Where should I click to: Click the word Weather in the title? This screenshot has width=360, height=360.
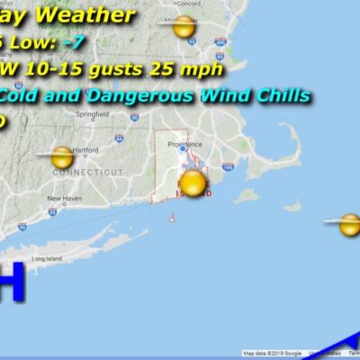(x=98, y=15)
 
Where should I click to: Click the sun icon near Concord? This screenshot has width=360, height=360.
(x=184, y=27)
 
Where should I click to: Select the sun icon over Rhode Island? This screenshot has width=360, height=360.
(x=193, y=185)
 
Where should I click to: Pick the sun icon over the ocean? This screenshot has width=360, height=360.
(x=348, y=225)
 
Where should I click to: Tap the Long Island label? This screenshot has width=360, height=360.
(x=45, y=259)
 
